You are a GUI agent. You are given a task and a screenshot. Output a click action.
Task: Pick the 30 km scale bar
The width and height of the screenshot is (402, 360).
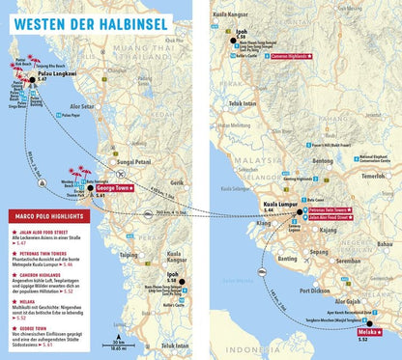117,344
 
